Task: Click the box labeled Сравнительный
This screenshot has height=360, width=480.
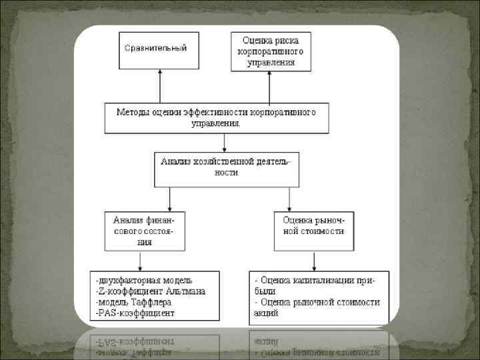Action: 159,50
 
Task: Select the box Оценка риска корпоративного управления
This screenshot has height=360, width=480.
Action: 271,52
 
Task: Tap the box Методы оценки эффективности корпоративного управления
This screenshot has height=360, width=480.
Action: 217,118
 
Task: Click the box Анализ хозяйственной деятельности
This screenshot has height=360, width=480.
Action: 227,169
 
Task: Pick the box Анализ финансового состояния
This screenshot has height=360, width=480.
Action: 144,230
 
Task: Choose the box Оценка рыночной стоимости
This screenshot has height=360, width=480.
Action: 314,230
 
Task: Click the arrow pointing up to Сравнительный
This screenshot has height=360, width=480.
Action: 160,86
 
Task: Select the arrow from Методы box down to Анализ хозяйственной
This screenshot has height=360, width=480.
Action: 225,143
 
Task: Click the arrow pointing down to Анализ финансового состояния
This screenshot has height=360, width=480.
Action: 170,199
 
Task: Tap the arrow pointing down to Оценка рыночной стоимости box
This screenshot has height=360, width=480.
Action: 289,199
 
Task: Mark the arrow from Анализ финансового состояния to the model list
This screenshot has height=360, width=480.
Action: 139,259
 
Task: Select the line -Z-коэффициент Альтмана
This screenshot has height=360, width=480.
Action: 150,291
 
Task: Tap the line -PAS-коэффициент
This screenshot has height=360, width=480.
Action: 135,312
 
